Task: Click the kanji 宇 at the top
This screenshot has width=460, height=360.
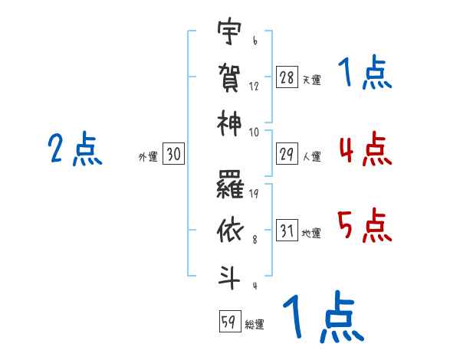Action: coord(229,31)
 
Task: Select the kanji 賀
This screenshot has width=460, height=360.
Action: coord(229,77)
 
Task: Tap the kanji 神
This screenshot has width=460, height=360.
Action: coord(229,123)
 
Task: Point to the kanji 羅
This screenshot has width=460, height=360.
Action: coord(230,185)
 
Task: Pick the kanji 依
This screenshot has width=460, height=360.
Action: coord(230,231)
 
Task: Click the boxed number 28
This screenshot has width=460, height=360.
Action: coord(287,77)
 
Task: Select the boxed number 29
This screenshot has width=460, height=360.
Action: coord(287,154)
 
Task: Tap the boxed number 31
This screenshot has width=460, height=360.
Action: coord(287,230)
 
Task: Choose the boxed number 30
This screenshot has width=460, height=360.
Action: coord(174,154)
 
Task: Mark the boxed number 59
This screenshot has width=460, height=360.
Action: coord(230,321)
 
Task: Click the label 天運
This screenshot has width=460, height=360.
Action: coord(312,80)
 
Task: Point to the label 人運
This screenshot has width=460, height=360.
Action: coord(312,156)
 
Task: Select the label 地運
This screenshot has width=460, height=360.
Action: coord(311,234)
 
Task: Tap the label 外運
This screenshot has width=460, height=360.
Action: coord(148,157)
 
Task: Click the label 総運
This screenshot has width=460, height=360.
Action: coord(255,325)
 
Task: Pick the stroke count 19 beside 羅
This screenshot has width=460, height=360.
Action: coord(254,194)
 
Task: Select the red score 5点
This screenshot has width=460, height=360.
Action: coord(365,225)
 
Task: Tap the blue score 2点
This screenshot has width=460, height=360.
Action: coord(75,149)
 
